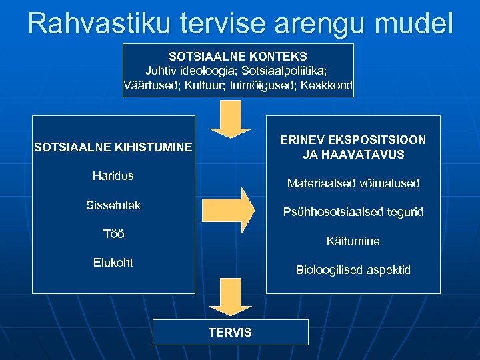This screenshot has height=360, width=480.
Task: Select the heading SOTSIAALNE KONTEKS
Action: click(x=238, y=57)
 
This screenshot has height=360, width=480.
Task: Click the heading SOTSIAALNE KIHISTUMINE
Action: click(x=113, y=147)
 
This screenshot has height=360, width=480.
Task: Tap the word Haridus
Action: click(x=113, y=176)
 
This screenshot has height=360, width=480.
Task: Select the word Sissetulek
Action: click(x=113, y=205)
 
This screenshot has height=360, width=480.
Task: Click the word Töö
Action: click(x=113, y=234)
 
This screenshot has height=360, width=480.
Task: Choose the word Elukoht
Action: click(x=113, y=263)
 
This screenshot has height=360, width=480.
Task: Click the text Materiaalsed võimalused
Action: click(x=353, y=183)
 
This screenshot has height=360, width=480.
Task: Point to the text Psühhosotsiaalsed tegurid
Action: click(x=353, y=212)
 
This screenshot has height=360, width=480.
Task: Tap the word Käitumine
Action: click(x=353, y=241)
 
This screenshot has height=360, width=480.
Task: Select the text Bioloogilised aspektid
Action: click(x=353, y=270)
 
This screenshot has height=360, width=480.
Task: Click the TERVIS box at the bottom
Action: click(x=231, y=332)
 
